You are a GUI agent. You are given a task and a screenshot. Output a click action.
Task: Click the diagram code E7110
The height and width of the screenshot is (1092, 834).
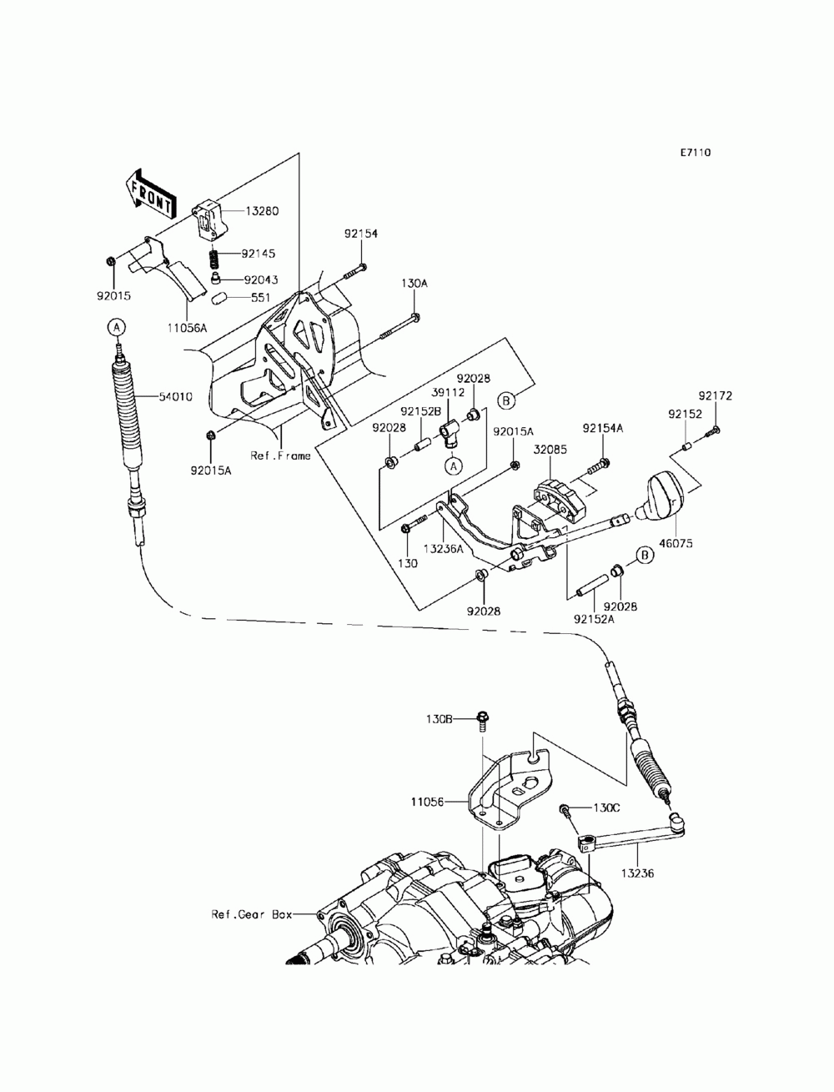(x=696, y=153)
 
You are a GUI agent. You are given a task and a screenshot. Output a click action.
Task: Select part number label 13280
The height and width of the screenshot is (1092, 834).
(x=262, y=211)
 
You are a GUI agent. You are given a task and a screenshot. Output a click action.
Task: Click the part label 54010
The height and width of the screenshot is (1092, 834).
(x=175, y=397)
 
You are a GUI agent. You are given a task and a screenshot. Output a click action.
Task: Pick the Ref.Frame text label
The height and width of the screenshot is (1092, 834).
(x=280, y=455)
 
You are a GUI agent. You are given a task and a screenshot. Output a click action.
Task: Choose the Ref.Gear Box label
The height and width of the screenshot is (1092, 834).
(x=252, y=914)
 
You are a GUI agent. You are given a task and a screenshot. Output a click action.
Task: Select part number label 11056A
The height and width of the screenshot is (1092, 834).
(x=187, y=328)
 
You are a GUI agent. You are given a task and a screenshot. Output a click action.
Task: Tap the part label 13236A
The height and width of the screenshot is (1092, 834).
(x=443, y=549)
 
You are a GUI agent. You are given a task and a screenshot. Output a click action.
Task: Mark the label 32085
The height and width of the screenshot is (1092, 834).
(x=550, y=450)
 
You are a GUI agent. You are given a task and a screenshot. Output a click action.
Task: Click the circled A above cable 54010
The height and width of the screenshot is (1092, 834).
(x=117, y=327)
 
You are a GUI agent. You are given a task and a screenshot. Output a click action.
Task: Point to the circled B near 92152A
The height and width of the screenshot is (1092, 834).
(x=646, y=554)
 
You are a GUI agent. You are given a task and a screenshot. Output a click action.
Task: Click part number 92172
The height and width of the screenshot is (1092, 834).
(x=715, y=396)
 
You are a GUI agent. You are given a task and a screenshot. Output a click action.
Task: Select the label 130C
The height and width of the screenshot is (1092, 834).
(x=606, y=808)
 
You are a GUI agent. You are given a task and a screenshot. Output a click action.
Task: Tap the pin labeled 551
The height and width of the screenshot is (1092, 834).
(x=219, y=299)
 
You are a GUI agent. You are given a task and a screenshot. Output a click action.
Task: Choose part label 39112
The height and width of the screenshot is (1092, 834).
(x=448, y=393)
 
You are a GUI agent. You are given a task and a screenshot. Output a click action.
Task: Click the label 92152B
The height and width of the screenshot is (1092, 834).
(x=420, y=411)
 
